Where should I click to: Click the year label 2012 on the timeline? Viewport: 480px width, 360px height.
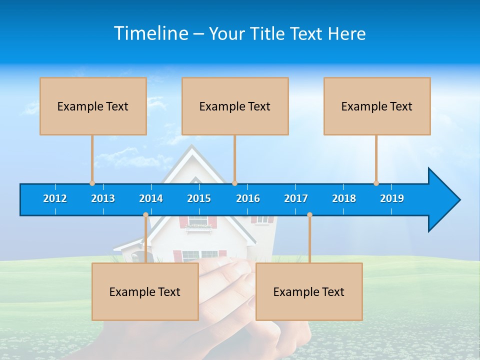tap(55, 198)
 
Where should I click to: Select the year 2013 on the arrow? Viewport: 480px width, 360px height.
tap(103, 198)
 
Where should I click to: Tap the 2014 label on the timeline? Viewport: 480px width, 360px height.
tap(151, 198)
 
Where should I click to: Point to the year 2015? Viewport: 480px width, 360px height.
tap(199, 198)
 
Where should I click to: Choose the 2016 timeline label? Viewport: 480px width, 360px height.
tap(248, 198)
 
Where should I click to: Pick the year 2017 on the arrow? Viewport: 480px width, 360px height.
tap(296, 198)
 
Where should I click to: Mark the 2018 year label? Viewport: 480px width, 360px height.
tap(344, 198)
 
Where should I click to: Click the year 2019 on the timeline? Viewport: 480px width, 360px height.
tap(392, 198)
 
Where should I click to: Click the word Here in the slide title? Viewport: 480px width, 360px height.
tap(346, 33)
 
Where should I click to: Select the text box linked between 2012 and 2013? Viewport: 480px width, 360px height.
tap(93, 106)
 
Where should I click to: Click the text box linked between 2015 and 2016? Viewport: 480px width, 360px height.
tap(235, 106)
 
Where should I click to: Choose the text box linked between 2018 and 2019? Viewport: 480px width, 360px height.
tap(377, 106)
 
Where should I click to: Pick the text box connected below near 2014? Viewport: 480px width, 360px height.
tap(145, 291)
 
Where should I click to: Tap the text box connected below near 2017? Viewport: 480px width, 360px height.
tap(309, 291)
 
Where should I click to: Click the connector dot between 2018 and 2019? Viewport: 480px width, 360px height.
tap(376, 183)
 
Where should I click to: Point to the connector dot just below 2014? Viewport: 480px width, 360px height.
tap(145, 215)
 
